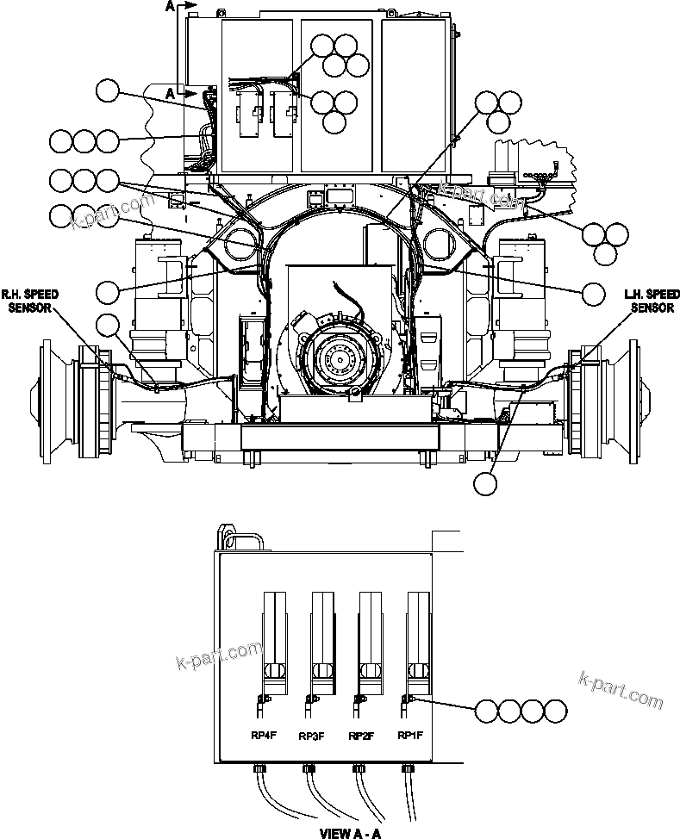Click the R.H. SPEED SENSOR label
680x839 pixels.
pos(30,301)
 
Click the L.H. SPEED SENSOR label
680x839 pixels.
pos(652,301)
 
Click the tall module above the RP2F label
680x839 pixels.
pos(369,637)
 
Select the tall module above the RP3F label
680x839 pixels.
pos(321,637)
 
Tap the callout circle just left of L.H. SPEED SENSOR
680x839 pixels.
pos(593,294)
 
